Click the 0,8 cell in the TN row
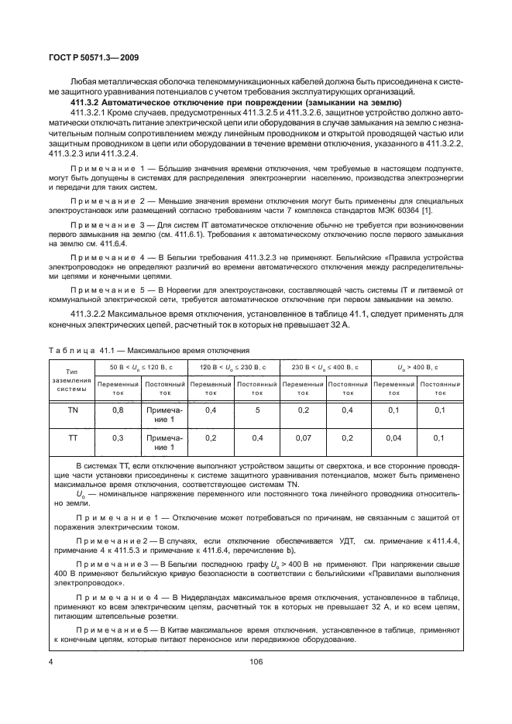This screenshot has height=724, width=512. point(118,410)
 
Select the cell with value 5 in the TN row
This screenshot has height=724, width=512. point(255,410)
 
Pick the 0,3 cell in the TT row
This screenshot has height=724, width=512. point(118,437)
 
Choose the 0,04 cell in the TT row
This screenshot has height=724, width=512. point(393,437)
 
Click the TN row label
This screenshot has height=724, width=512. point(73,410)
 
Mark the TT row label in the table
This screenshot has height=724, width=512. point(73,437)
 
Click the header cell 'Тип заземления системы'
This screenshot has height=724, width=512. point(73,380)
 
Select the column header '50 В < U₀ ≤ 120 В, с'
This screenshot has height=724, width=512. point(140,365)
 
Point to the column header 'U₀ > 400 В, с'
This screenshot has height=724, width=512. point(416,365)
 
